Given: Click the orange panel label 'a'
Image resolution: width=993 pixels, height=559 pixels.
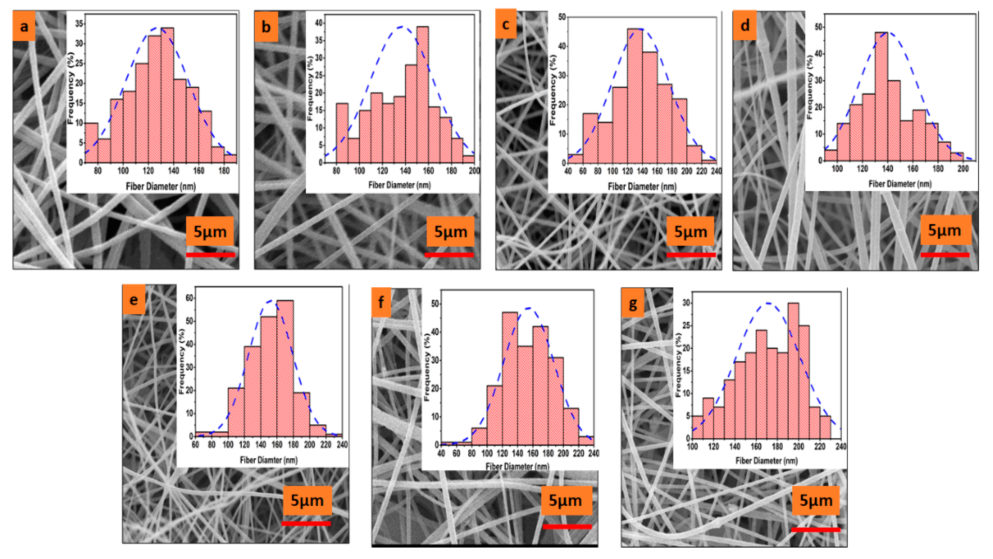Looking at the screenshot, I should [x=24, y=26].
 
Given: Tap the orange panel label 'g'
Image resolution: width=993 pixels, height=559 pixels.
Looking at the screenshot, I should [x=633, y=304].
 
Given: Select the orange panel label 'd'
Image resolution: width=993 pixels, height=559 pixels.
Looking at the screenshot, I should [x=744, y=25].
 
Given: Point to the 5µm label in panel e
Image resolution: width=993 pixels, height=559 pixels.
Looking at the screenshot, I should [x=307, y=500].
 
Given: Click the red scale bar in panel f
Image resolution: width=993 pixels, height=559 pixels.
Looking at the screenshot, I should [x=567, y=526].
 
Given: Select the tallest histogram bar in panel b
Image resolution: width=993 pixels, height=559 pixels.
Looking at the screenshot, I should [x=422, y=94].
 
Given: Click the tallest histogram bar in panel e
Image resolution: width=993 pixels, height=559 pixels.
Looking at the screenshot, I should [x=285, y=368].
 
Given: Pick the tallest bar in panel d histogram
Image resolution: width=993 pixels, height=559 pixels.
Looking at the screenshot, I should [x=881, y=96].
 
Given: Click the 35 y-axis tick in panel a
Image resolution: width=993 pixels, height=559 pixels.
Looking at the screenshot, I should [x=79, y=24].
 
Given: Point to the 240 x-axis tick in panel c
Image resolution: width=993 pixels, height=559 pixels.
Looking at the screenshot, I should [x=716, y=171].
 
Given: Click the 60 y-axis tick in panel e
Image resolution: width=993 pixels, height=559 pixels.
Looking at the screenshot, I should [x=189, y=298].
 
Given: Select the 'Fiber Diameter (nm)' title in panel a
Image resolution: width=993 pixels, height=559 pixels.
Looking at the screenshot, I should [x=161, y=186].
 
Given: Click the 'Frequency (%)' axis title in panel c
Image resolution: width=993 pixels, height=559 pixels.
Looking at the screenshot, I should [x=553, y=90].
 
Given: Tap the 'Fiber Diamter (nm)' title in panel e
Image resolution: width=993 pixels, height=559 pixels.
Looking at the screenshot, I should [x=269, y=460].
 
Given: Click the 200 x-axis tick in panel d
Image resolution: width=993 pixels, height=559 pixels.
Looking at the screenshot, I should [x=962, y=168].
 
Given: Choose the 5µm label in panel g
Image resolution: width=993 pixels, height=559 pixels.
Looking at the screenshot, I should [x=816, y=500].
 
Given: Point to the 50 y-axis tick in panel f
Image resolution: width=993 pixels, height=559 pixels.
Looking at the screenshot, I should [x=435, y=304].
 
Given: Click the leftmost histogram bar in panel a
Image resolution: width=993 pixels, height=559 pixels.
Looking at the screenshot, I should [x=91, y=143].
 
